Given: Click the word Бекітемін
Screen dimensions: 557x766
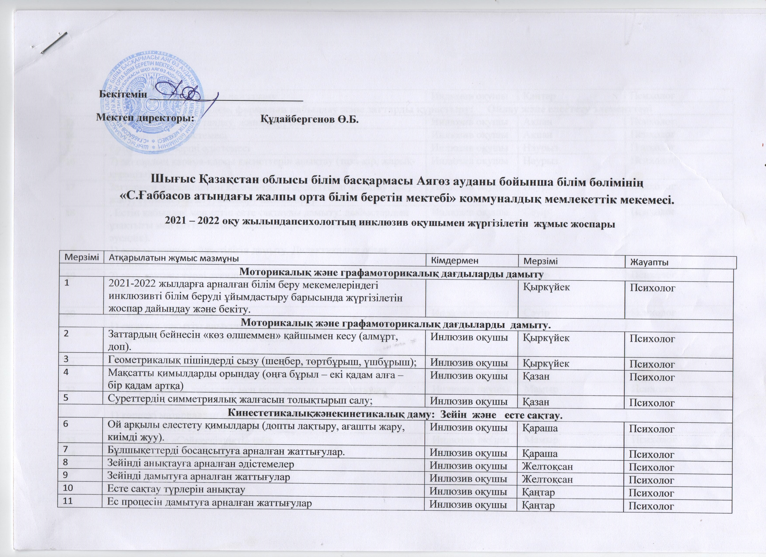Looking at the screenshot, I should (x=123, y=94).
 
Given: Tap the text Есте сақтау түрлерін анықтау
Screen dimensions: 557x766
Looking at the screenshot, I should (x=176, y=490).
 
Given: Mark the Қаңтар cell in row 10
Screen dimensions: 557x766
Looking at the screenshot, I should (x=538, y=492).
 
